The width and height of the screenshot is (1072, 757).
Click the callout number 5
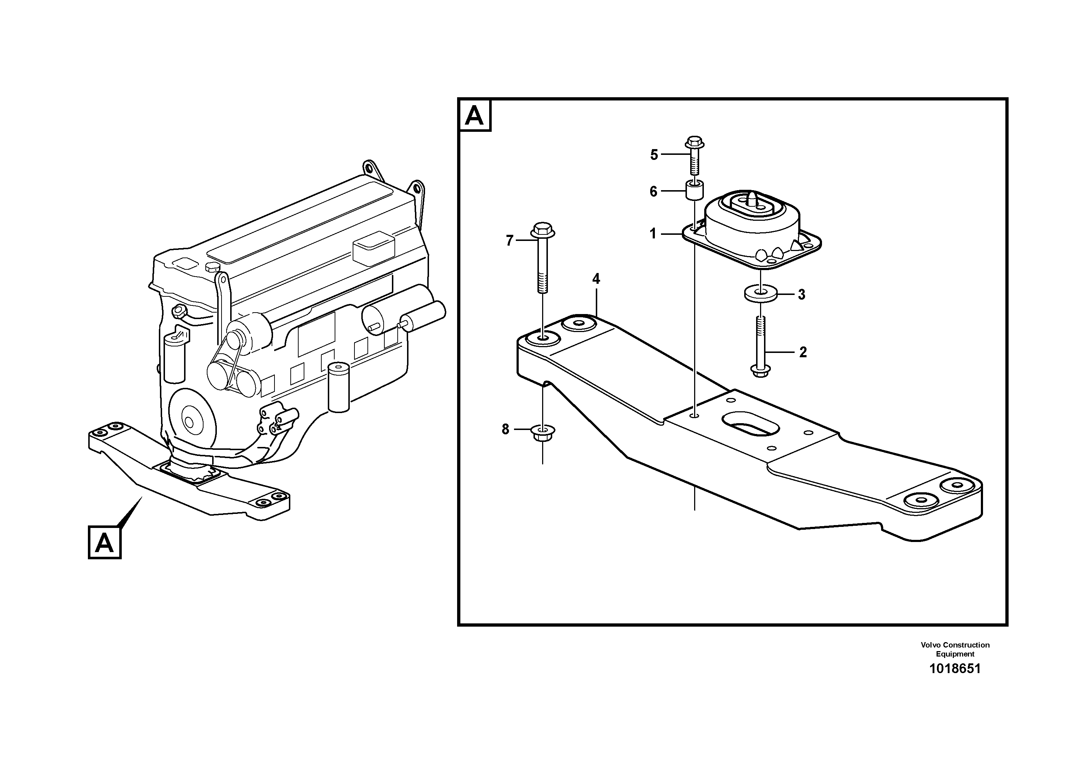(x=654, y=155)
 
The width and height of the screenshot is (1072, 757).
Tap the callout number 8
(x=505, y=429)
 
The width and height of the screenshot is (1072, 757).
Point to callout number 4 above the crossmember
(x=596, y=279)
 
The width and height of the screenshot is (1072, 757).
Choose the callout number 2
(x=803, y=352)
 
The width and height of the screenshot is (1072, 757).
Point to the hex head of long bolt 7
(x=542, y=230)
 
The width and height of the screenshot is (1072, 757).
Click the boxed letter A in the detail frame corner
(x=475, y=115)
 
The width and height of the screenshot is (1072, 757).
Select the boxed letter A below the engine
(x=104, y=542)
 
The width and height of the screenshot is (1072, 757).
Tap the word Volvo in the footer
(x=930, y=645)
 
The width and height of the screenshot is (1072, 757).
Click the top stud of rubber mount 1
(x=753, y=198)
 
